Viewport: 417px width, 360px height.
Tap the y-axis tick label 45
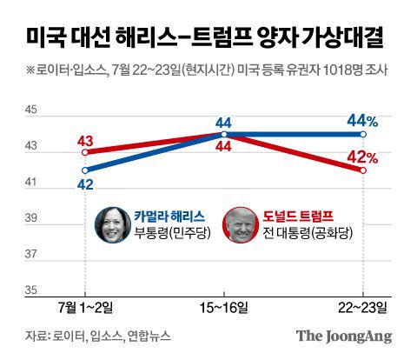[31, 110]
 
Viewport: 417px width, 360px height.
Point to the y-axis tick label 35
[31, 290]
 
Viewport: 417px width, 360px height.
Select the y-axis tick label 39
[31, 218]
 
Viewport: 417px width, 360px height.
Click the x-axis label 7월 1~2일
[84, 308]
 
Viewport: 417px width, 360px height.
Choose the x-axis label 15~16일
[224, 308]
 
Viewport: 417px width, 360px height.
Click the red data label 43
[85, 140]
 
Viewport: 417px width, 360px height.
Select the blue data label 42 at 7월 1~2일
[85, 183]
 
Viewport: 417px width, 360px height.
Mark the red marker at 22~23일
[363, 170]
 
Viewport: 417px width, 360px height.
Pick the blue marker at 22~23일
[363, 135]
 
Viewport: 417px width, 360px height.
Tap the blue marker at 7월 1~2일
[85, 170]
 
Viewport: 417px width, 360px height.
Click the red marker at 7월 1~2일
[85, 152]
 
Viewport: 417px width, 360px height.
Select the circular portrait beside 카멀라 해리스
[111, 224]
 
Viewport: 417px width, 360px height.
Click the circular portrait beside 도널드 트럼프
[239, 224]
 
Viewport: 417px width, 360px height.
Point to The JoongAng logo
[343, 336]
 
